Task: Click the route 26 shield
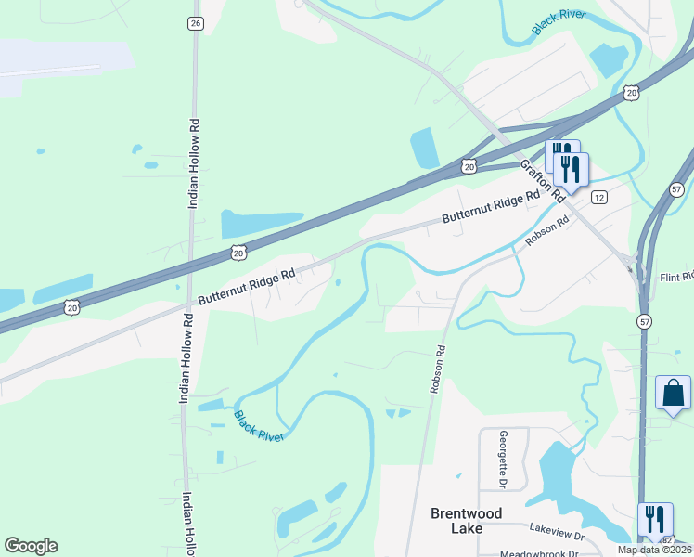(x=194, y=23)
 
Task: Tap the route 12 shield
(x=599, y=197)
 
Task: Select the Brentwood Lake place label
(x=467, y=520)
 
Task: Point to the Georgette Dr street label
(x=503, y=460)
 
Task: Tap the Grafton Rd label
(x=543, y=181)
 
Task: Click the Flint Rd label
(x=675, y=278)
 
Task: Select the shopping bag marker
(x=673, y=393)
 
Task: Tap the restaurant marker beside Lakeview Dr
(x=655, y=520)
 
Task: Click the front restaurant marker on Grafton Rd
(x=571, y=169)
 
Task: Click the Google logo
(x=31, y=546)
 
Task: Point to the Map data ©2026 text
(x=653, y=550)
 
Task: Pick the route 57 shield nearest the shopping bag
(x=644, y=320)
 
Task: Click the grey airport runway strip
(x=51, y=71)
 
